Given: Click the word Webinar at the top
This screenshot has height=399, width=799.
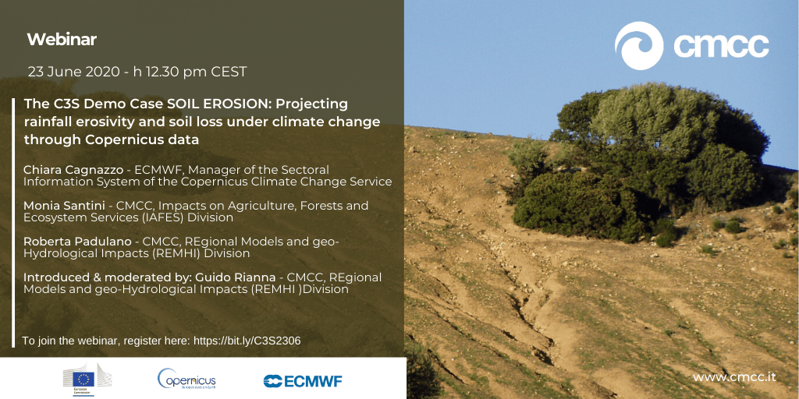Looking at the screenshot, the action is (x=62, y=40).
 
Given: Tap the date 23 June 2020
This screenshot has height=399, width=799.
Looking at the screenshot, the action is (x=73, y=72).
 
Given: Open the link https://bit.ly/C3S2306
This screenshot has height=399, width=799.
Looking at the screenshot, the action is (x=247, y=341).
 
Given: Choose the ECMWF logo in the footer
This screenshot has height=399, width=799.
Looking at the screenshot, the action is (x=303, y=381).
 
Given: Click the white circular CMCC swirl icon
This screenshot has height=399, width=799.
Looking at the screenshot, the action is (x=639, y=46).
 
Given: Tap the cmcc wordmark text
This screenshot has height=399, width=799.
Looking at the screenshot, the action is (x=721, y=46).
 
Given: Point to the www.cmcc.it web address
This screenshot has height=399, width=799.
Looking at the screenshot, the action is (x=734, y=377).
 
